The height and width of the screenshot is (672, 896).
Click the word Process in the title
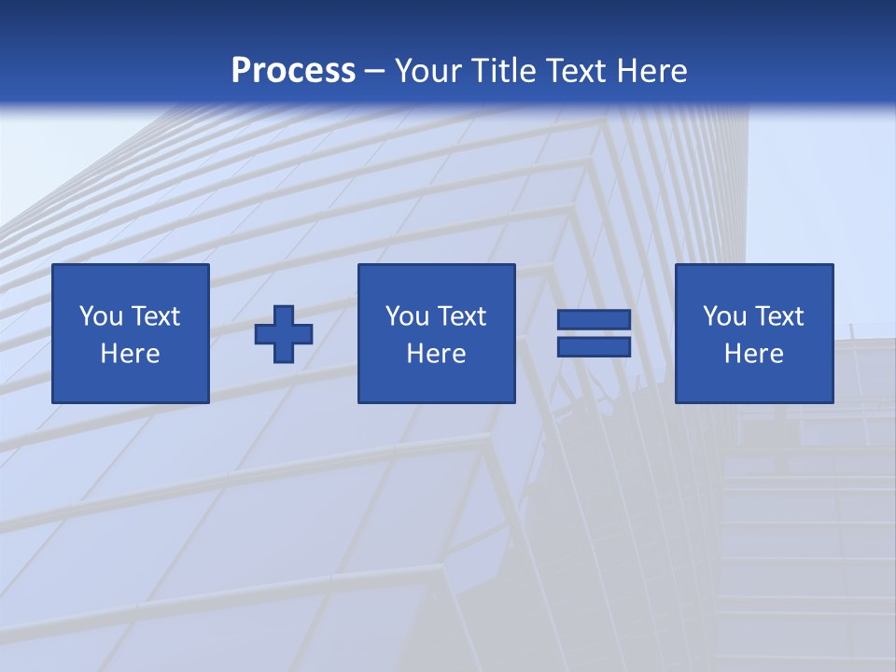click(x=293, y=71)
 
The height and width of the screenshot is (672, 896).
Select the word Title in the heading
click(x=507, y=71)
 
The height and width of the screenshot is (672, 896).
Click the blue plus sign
click(x=284, y=334)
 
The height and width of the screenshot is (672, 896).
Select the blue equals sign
click(x=594, y=333)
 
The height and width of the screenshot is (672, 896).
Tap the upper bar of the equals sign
click(x=594, y=320)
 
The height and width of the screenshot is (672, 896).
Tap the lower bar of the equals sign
click(x=594, y=346)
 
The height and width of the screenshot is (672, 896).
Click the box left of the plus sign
click(x=131, y=333)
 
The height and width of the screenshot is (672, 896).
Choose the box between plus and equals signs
click(x=437, y=333)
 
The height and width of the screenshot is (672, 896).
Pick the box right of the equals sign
click(x=754, y=333)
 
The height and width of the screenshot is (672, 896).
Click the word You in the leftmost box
click(x=101, y=316)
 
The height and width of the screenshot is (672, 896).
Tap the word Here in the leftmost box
click(x=130, y=354)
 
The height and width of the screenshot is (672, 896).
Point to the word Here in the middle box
click(x=436, y=354)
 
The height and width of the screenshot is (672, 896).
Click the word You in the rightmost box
click(x=725, y=316)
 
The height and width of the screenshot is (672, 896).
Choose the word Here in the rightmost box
click(x=753, y=354)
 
